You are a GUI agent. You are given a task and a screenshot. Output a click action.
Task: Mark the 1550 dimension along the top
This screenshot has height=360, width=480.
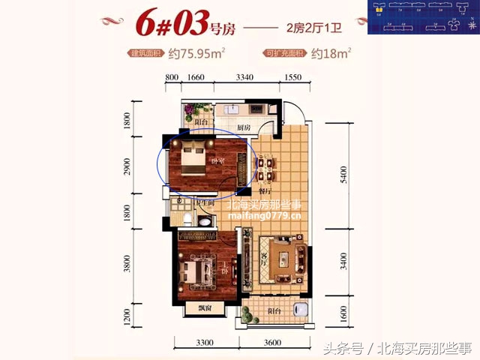(x=292, y=76)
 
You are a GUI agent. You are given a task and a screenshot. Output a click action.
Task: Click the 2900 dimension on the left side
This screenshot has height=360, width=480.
(x=129, y=166)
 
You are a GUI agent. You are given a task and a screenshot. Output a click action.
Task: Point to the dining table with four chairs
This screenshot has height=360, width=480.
(x=265, y=167)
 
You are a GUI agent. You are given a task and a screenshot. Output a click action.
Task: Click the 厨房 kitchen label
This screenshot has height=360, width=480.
(x=243, y=128)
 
